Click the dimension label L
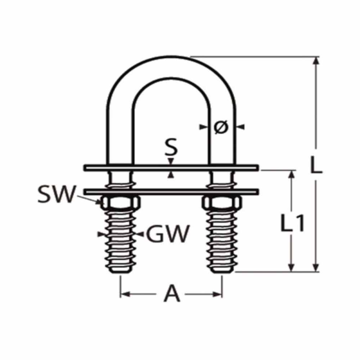point(316,165)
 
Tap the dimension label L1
point(292,222)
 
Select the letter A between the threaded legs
point(172,293)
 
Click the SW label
point(57,194)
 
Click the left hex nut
point(120,203)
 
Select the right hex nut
point(222,203)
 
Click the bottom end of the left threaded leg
point(120,272)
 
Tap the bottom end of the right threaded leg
point(222,272)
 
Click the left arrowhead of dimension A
point(125,294)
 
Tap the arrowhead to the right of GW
point(140,234)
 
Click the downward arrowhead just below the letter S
point(170,162)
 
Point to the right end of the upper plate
point(258,168)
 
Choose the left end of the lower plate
point(85,192)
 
